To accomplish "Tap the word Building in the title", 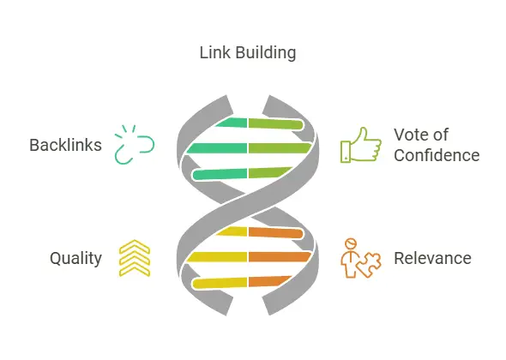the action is pos(266,53).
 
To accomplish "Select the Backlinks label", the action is pos(65,145).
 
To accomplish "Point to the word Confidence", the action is pos(437,155).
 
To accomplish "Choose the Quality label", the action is pos(75,258).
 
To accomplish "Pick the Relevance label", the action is pos(432,258).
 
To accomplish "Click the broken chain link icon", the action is pos(135,145).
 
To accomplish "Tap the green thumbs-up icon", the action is pos(361,145).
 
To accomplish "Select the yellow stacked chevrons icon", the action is pos(135,258).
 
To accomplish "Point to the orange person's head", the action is pos(351,243).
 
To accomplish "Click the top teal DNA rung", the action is pos(232,123).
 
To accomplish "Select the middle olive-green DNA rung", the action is pos(280,148).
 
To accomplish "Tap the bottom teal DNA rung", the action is pos(220,174).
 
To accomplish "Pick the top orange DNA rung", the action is pos(276,232).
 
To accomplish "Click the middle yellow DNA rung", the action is pos(217,257).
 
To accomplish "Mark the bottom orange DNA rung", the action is pos(269,281).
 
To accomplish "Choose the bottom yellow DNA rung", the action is pos(220,283).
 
